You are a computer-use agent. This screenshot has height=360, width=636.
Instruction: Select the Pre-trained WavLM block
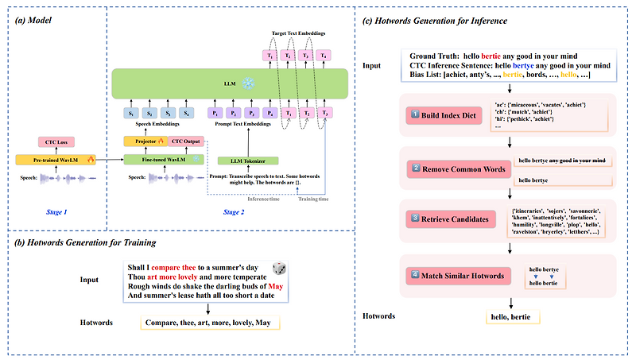[x=55, y=160]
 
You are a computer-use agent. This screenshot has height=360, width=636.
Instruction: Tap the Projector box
[x=142, y=141]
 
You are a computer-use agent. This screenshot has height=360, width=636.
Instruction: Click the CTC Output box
[x=186, y=141]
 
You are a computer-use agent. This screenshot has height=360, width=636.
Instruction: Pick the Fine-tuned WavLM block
[x=163, y=160]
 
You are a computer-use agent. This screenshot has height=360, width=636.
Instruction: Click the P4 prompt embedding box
[x=270, y=113]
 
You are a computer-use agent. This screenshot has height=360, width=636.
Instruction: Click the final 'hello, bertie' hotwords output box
[x=513, y=317]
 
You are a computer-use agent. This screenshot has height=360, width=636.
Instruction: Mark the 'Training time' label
[x=313, y=198]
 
